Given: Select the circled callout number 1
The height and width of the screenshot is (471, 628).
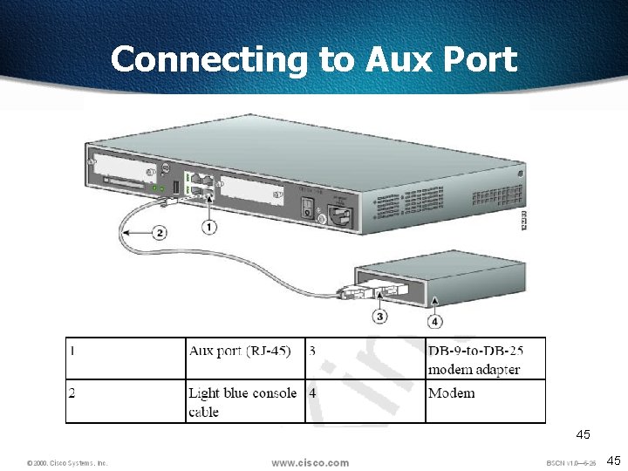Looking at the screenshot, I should click(x=209, y=228).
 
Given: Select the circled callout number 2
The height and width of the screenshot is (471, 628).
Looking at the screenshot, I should click(x=160, y=232).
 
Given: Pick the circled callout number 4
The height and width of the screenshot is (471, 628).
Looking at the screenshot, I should click(x=434, y=322).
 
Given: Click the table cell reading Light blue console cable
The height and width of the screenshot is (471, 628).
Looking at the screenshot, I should click(x=242, y=401).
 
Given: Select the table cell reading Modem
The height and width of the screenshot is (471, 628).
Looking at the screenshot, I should click(x=452, y=393).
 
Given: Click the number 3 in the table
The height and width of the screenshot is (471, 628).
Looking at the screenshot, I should click(x=312, y=351).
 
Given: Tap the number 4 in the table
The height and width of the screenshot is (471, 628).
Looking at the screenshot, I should click(x=312, y=392).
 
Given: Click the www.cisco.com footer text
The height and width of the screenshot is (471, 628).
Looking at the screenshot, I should click(x=310, y=462).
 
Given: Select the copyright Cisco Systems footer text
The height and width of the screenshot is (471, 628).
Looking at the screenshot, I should click(x=67, y=463).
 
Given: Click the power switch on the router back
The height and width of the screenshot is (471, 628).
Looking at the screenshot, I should click(x=307, y=207).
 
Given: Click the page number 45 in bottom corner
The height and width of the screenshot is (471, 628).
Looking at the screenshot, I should click(x=613, y=461).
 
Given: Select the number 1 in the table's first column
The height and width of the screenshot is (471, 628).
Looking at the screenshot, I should click(x=72, y=351).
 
